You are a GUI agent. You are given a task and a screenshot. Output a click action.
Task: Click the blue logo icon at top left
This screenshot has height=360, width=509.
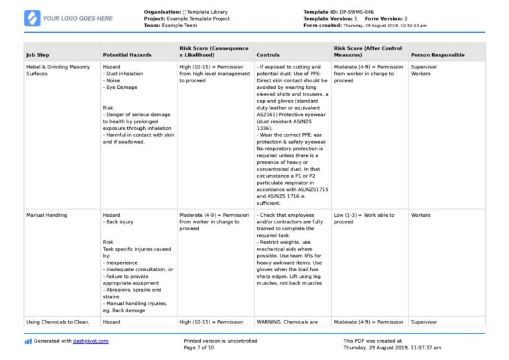32,18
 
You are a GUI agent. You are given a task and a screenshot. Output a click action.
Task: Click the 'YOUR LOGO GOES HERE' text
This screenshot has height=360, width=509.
78,19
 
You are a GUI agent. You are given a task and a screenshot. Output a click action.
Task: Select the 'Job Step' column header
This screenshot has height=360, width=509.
38,55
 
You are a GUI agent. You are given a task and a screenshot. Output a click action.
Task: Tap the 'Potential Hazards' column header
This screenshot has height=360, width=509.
127,55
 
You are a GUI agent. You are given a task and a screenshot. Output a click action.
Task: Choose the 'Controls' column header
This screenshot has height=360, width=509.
268,55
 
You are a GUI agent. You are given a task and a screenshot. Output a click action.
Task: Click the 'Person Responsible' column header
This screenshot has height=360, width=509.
437,55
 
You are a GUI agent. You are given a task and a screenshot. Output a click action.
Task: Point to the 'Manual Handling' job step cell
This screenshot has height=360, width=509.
46,215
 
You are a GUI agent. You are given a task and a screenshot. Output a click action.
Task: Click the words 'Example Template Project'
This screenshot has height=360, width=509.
198,19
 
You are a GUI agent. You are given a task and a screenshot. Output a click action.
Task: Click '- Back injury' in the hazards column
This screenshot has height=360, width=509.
120,223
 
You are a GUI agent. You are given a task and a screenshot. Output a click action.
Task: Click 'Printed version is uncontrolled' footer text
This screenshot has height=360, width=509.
221,341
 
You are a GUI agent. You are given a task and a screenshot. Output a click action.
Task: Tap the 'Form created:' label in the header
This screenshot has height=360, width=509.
321,25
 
